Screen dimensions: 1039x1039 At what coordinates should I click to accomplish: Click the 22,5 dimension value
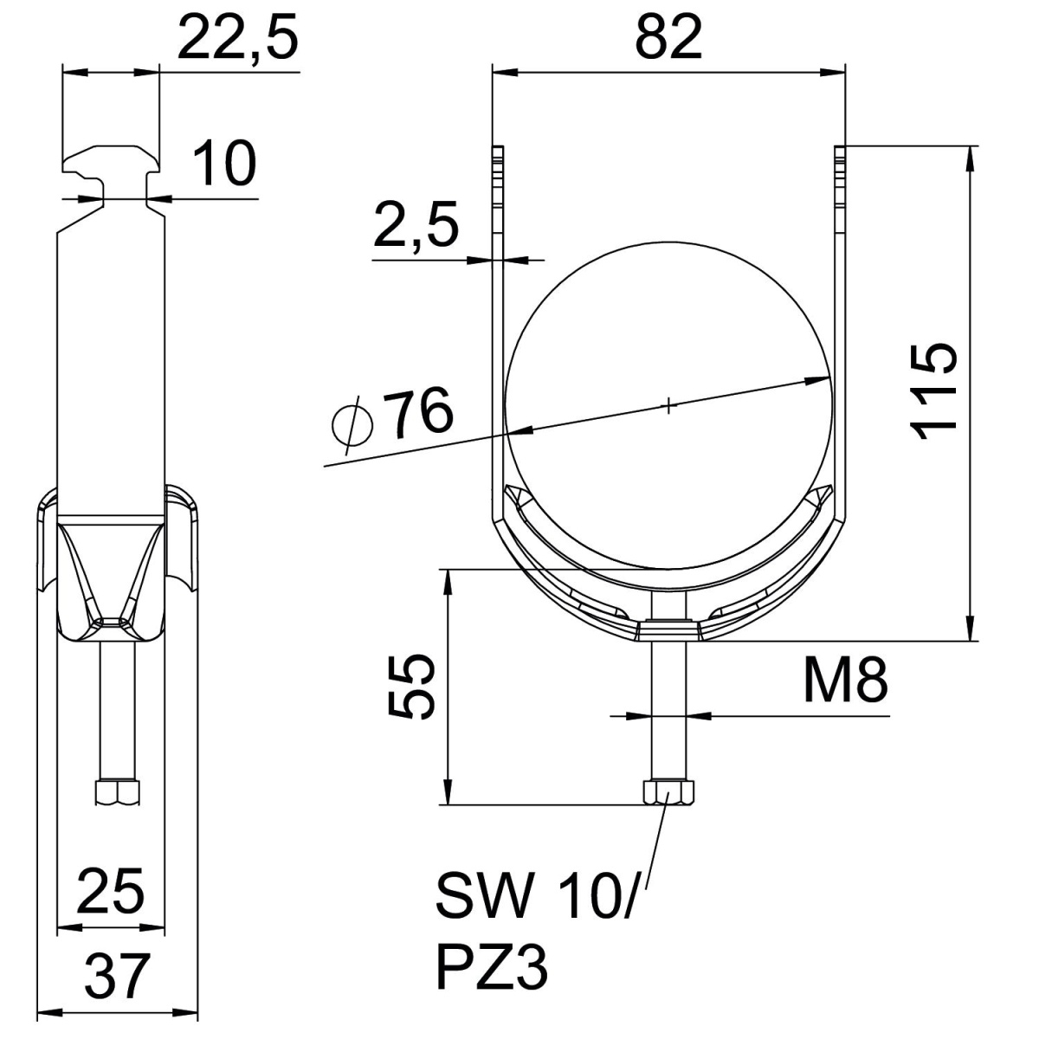click(x=238, y=39)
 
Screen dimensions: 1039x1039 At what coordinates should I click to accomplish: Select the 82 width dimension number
click(x=668, y=39)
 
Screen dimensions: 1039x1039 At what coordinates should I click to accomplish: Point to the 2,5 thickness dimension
click(x=416, y=224)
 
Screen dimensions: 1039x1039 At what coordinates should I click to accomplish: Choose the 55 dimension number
click(x=411, y=687)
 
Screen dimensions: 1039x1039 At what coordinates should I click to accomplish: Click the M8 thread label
click(x=845, y=681)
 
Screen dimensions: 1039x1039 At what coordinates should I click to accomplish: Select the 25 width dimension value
click(x=111, y=891)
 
